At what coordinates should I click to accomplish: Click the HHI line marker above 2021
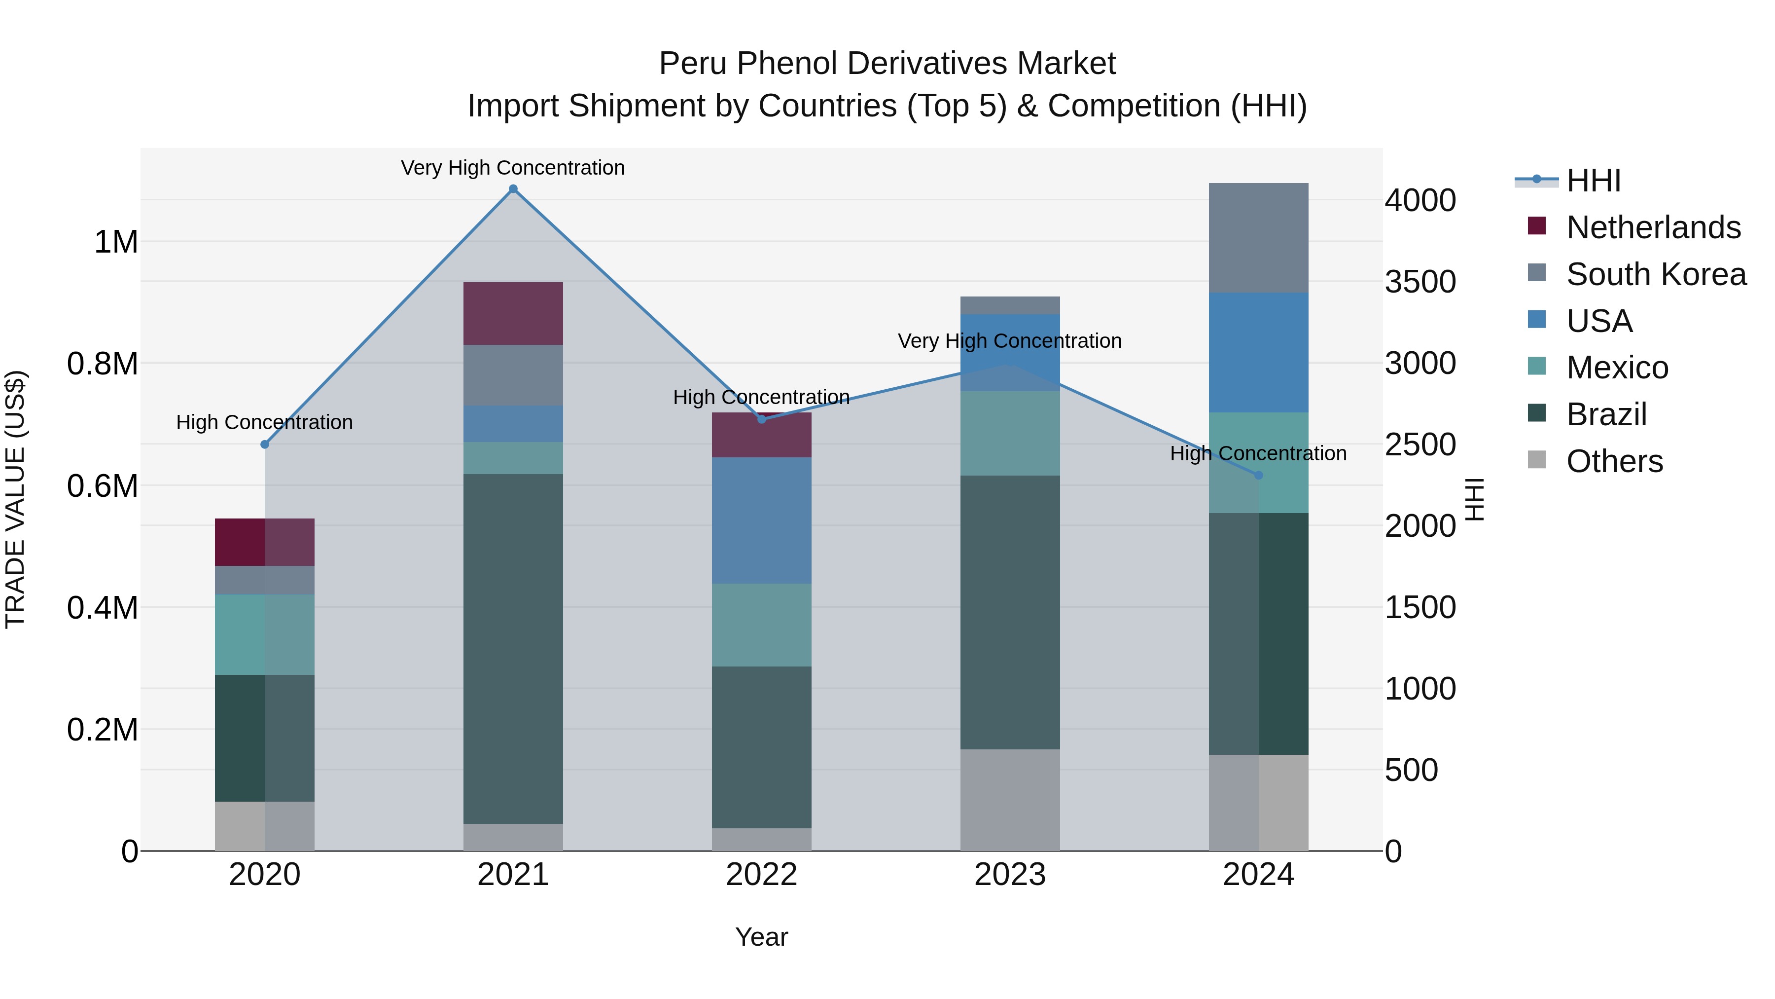click(x=513, y=189)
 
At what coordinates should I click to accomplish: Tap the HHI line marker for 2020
click(x=265, y=444)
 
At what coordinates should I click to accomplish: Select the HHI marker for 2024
click(x=1258, y=475)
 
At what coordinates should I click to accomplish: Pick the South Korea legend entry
click(x=1655, y=274)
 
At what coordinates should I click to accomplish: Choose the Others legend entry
click(x=1614, y=461)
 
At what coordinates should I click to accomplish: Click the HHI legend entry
click(x=1593, y=181)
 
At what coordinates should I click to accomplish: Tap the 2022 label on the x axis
click(x=761, y=875)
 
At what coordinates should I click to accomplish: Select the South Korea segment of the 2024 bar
click(x=1258, y=238)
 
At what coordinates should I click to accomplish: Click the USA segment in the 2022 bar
click(x=761, y=520)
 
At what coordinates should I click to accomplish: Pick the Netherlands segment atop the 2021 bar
click(x=513, y=314)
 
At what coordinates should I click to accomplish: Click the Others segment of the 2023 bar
click(x=1009, y=800)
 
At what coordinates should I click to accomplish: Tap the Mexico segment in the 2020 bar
click(x=265, y=634)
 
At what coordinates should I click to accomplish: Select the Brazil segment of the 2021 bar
click(x=513, y=648)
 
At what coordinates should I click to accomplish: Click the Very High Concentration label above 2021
click(x=513, y=168)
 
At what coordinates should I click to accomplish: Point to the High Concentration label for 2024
click(x=1258, y=454)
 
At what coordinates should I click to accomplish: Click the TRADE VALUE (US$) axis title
click(x=15, y=499)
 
